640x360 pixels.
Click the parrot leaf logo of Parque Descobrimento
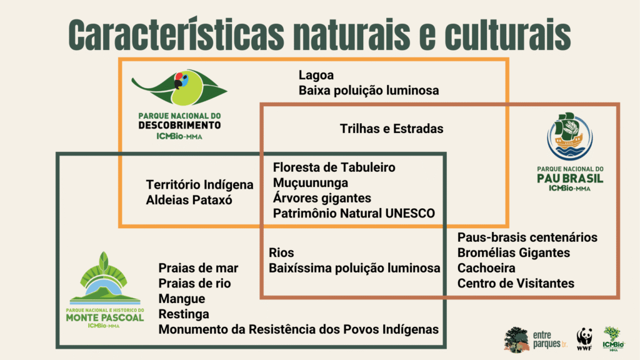(179, 87)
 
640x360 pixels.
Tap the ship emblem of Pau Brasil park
(570, 136)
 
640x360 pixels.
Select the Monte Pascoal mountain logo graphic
(105, 278)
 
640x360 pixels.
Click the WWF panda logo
(584, 339)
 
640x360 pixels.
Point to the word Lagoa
(316, 75)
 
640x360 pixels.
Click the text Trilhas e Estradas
(391, 129)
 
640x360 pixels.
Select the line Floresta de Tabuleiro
(334, 167)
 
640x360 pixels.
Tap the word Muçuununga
(310, 183)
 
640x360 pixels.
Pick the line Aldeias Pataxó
(189, 200)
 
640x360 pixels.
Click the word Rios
(281, 252)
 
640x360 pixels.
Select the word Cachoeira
(486, 268)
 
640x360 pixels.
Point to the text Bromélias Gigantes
(514, 252)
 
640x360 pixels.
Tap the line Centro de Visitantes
(516, 283)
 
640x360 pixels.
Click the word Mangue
(182, 299)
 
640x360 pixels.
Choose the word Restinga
(184, 314)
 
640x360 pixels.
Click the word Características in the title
(176, 34)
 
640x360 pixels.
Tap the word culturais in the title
(507, 34)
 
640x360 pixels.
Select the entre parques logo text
(550, 339)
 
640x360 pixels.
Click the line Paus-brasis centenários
(527, 237)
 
